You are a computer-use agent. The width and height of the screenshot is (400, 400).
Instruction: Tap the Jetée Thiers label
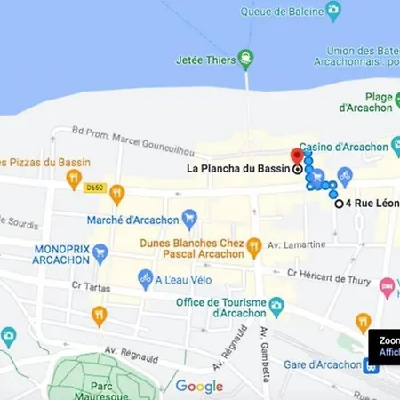click(x=206, y=60)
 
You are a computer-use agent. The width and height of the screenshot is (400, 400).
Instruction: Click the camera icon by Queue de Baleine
click(x=332, y=11)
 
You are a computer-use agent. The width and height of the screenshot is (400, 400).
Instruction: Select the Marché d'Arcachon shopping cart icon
click(x=189, y=217)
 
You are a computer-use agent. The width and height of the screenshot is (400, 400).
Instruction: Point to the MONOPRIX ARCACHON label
click(x=60, y=255)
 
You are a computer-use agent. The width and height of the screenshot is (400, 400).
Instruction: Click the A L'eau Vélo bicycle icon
click(x=145, y=278)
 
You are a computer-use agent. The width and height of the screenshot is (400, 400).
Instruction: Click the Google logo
click(x=199, y=386)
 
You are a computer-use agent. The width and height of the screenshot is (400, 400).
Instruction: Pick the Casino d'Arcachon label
click(x=343, y=147)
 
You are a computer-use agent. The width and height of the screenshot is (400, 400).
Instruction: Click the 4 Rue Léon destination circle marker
click(x=339, y=204)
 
